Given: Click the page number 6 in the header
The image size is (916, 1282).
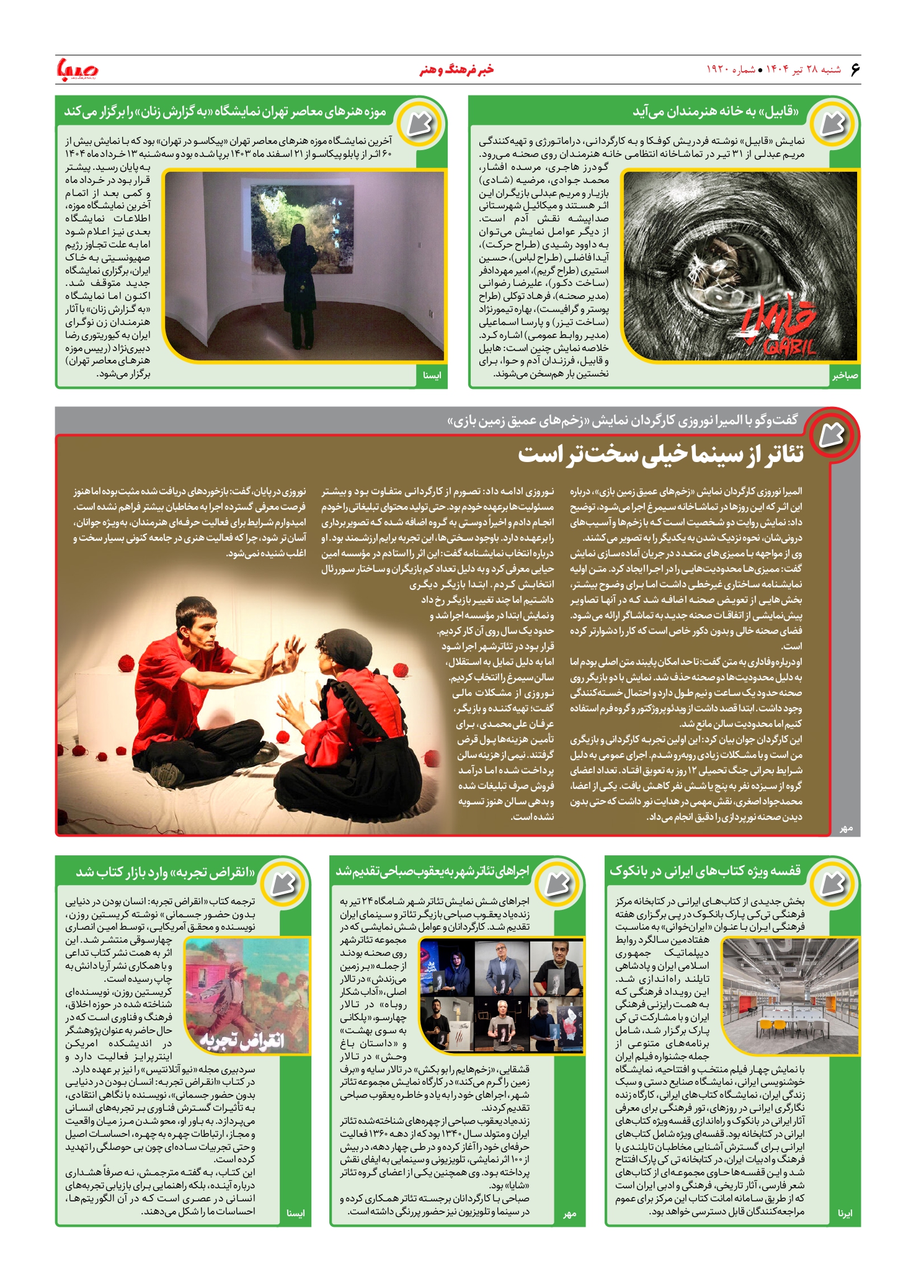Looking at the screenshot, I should pyautogui.click(x=855, y=69).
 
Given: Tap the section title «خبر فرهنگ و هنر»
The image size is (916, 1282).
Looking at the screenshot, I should pyautogui.click(x=456, y=69).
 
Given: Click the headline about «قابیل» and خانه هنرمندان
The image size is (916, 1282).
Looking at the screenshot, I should pyautogui.click(x=716, y=112).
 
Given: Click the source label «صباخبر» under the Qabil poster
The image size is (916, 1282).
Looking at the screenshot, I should pyautogui.click(x=845, y=376).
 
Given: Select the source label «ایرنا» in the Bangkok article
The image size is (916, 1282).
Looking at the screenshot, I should pyautogui.click(x=845, y=1213).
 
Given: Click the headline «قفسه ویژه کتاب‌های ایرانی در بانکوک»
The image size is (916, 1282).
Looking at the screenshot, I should pyautogui.click(x=705, y=871).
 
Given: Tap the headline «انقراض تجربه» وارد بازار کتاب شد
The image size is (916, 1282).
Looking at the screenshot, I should pyautogui.click(x=166, y=872).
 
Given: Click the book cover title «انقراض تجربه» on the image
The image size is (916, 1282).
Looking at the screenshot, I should pyautogui.click(x=242, y=1039).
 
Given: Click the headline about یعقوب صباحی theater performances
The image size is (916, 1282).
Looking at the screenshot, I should pyautogui.click(x=432, y=871).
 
